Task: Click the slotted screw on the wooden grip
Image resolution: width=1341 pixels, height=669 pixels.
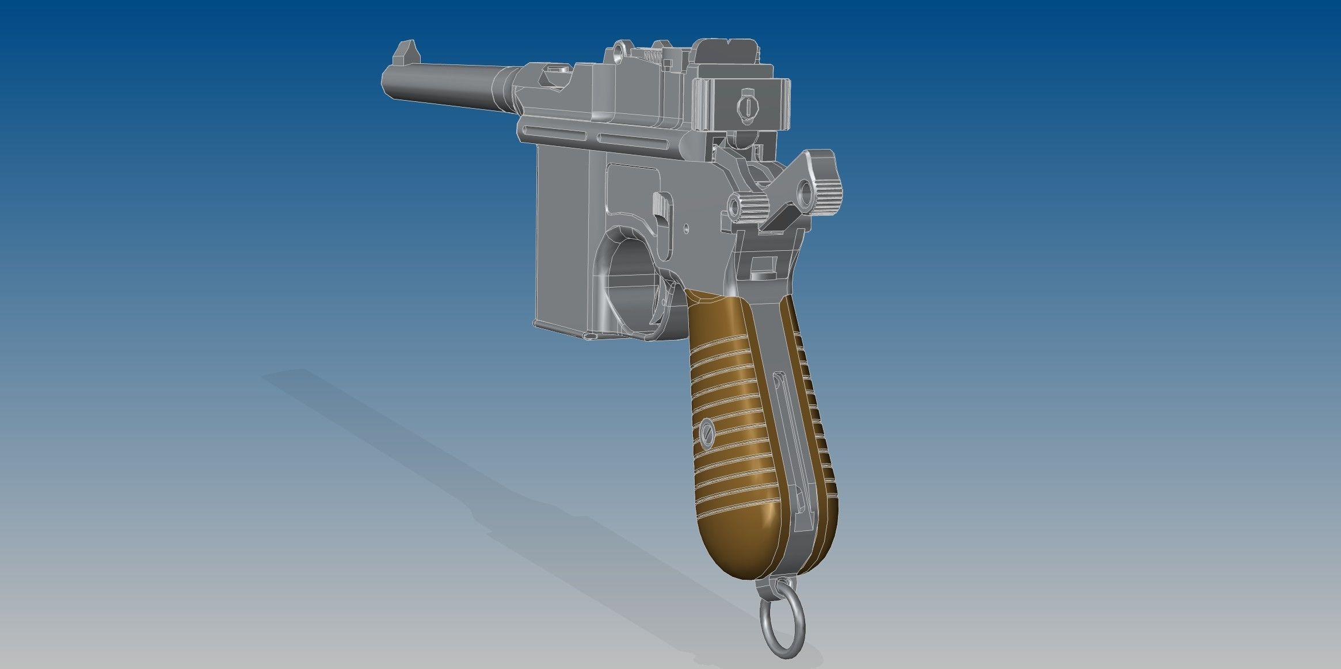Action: point(707,430)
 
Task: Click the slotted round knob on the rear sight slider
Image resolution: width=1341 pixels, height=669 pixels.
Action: point(746,106)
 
